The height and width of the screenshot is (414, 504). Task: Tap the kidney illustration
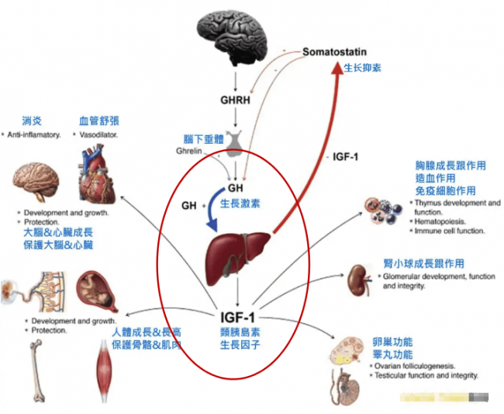pyautogui.click(x=359, y=277)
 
